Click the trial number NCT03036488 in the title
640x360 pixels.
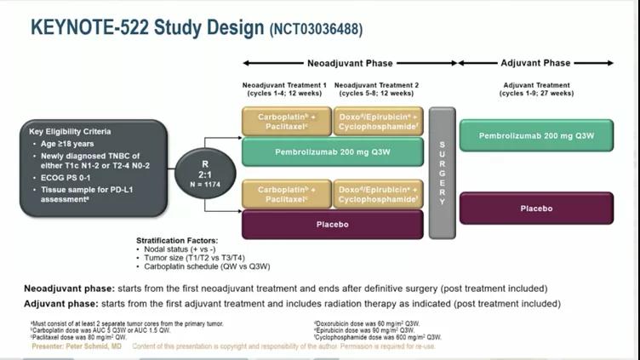316,29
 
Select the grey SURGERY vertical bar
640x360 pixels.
442,173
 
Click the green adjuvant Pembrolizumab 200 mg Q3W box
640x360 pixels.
536,135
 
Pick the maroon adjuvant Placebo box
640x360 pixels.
536,209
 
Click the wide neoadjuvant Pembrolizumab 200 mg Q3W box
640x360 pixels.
332,151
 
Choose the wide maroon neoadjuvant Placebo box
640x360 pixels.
332,225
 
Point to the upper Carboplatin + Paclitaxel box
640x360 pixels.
284,121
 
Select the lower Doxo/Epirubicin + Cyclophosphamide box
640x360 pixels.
378,194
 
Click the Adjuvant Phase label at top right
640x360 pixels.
535,63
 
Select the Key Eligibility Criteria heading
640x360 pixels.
70,132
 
